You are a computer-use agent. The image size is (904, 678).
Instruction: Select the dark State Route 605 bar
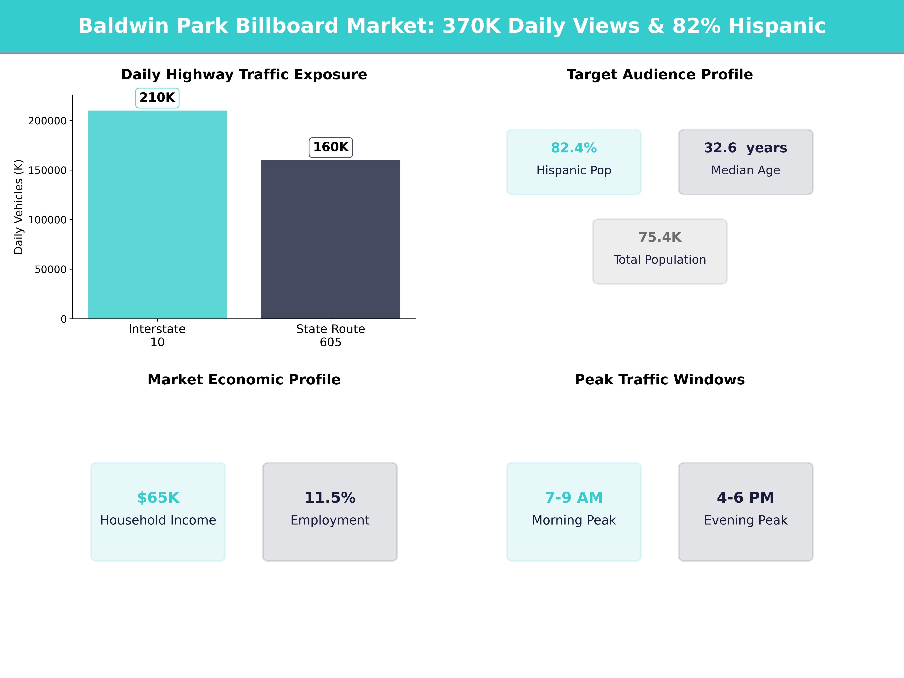[x=331, y=239]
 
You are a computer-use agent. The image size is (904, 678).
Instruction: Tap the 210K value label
[x=157, y=98]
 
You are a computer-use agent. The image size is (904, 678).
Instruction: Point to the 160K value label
[x=331, y=147]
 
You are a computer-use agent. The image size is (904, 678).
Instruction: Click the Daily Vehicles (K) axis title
[x=18, y=207]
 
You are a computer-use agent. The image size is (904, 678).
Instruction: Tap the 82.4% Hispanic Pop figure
[x=574, y=148]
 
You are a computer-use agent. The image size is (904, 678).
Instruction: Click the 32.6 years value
[x=745, y=148]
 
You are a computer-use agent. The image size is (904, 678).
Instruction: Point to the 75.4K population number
[x=660, y=237]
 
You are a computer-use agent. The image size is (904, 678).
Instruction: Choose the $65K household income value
[x=158, y=498]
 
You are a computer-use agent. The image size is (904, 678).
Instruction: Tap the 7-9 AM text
[x=574, y=498]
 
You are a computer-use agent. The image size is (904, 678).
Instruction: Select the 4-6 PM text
[x=745, y=498]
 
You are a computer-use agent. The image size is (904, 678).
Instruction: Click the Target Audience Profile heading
[x=660, y=75]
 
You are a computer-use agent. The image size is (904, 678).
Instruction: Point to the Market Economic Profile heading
[x=244, y=380]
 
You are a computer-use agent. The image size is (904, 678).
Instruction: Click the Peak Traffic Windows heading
[x=660, y=380]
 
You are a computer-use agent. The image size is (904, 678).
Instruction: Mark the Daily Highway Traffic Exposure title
[x=244, y=75]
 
